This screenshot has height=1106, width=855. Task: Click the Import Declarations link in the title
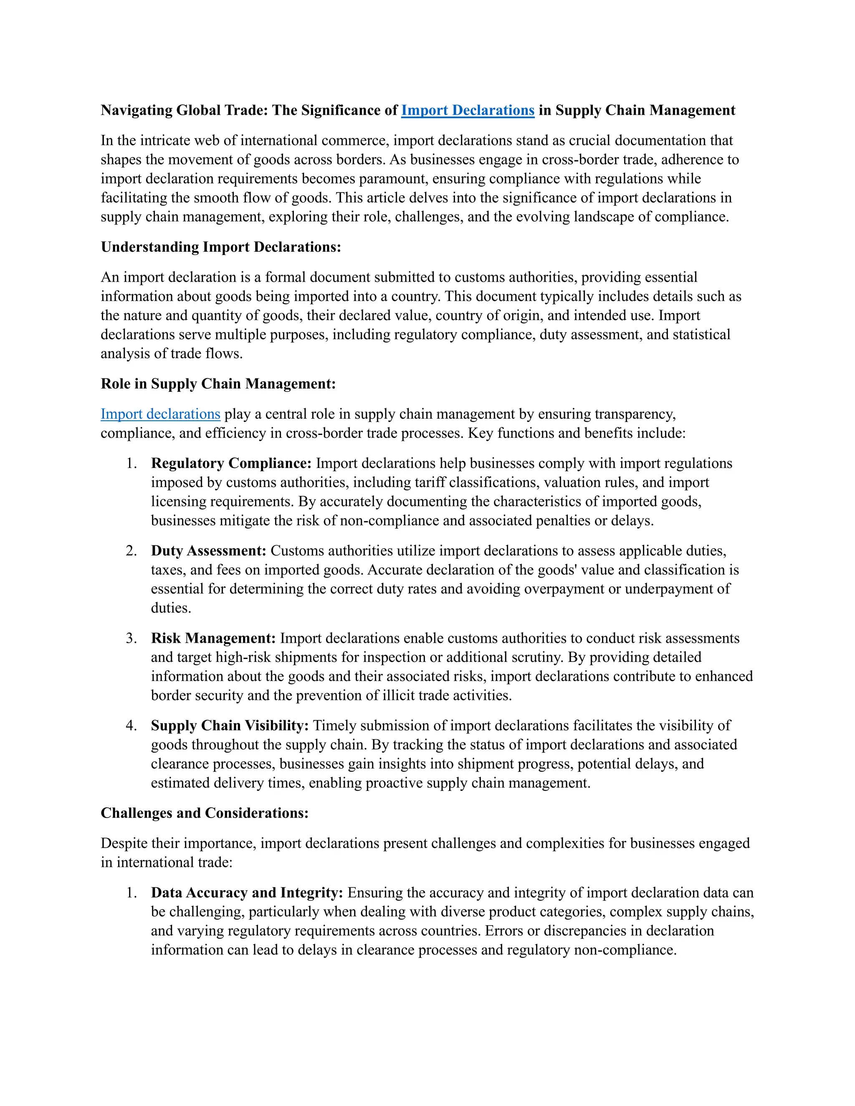pos(468,111)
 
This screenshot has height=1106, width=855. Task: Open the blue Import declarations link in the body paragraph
pos(160,414)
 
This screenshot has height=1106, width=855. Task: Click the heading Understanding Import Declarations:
pos(221,247)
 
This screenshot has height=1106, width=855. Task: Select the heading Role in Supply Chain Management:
pos(218,384)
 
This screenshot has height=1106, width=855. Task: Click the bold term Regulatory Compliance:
pos(231,463)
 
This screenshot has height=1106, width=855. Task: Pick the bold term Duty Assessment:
pos(208,551)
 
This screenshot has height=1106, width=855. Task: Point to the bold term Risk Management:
pos(213,638)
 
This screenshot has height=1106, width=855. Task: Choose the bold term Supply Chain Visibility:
pos(230,726)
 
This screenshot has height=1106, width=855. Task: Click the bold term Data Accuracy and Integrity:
pos(247,893)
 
